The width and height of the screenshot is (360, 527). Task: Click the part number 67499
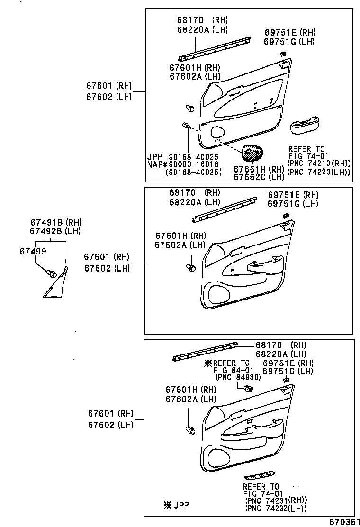(x=33, y=251)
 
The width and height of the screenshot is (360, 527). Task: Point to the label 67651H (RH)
(x=259, y=169)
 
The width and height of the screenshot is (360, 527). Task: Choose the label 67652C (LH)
(x=259, y=177)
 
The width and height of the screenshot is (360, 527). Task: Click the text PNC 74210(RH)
(x=319, y=164)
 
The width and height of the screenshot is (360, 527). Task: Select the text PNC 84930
(x=238, y=377)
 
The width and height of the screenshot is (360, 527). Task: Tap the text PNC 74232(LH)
(x=275, y=509)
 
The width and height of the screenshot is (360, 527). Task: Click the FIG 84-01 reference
(x=233, y=370)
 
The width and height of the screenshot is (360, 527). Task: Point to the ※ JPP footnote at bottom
(x=176, y=505)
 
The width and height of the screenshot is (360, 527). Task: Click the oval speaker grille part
(x=254, y=153)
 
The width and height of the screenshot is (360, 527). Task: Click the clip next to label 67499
(x=51, y=273)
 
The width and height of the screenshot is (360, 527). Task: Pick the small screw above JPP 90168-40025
(x=186, y=126)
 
